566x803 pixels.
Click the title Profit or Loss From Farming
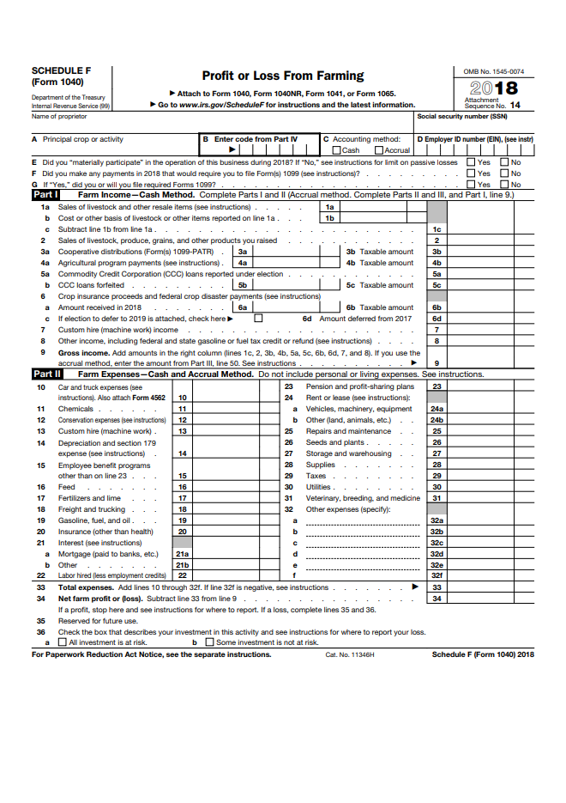coord(282,76)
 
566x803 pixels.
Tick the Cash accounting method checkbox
coord(337,150)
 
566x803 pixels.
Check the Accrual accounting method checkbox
coord(379,150)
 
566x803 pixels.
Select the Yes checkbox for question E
coord(471,161)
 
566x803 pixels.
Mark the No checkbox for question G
coord(505,184)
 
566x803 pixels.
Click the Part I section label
coord(45,196)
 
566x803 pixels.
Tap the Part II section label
coord(46,374)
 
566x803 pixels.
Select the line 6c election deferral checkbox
coord(258,319)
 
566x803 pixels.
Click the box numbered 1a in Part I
coord(329,207)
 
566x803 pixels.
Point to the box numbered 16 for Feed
coord(182,487)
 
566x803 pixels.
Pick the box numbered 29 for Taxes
coord(437,476)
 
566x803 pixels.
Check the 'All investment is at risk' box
coord(62,642)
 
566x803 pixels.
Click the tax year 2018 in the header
coord(494,88)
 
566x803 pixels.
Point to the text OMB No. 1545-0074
coord(493,71)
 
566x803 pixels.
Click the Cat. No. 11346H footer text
coord(350,654)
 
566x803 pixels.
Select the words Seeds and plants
coord(336,442)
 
